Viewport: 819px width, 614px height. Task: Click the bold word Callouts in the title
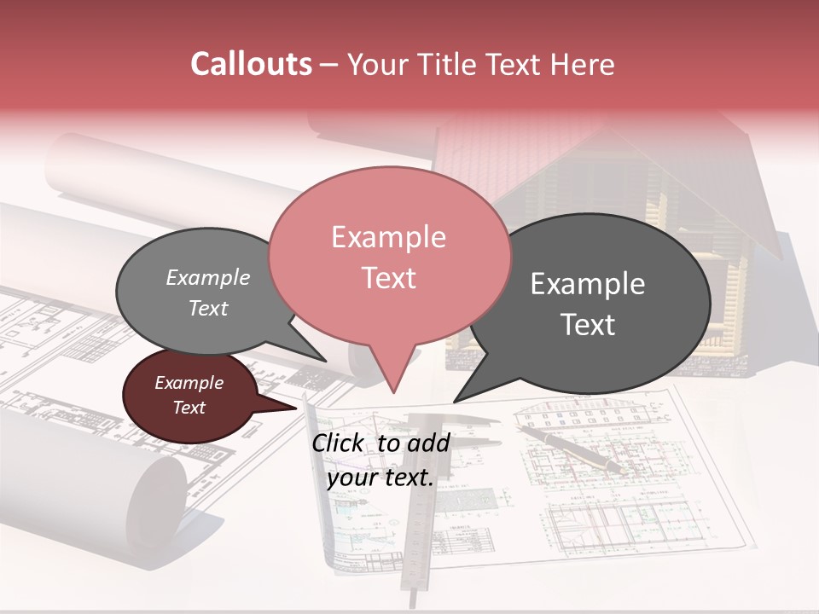click(x=251, y=64)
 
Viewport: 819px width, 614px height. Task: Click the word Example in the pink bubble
click(x=388, y=237)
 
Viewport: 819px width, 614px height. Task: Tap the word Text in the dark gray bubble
click(x=588, y=325)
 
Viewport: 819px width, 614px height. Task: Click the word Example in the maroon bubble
click(x=189, y=383)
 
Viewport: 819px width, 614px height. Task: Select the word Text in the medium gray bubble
click(x=208, y=308)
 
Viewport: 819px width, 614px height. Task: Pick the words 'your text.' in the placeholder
click(x=380, y=478)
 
